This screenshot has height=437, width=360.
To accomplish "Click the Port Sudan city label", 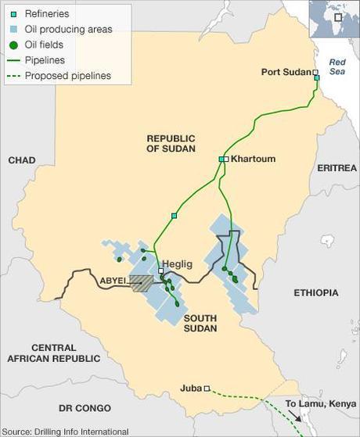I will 285,72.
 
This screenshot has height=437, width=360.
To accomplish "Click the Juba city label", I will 191,387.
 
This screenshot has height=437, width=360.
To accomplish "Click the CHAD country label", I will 22,160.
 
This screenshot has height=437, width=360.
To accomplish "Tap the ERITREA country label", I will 337,168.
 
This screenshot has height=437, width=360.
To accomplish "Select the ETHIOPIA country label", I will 316,292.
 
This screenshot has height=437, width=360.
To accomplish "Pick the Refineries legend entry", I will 47,14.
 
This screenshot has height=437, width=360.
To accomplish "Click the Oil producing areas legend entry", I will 67,29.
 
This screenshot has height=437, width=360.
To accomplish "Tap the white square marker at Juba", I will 207,388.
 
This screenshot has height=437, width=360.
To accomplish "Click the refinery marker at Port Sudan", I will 317,77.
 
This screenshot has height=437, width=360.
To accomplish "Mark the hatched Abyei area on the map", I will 141,283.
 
